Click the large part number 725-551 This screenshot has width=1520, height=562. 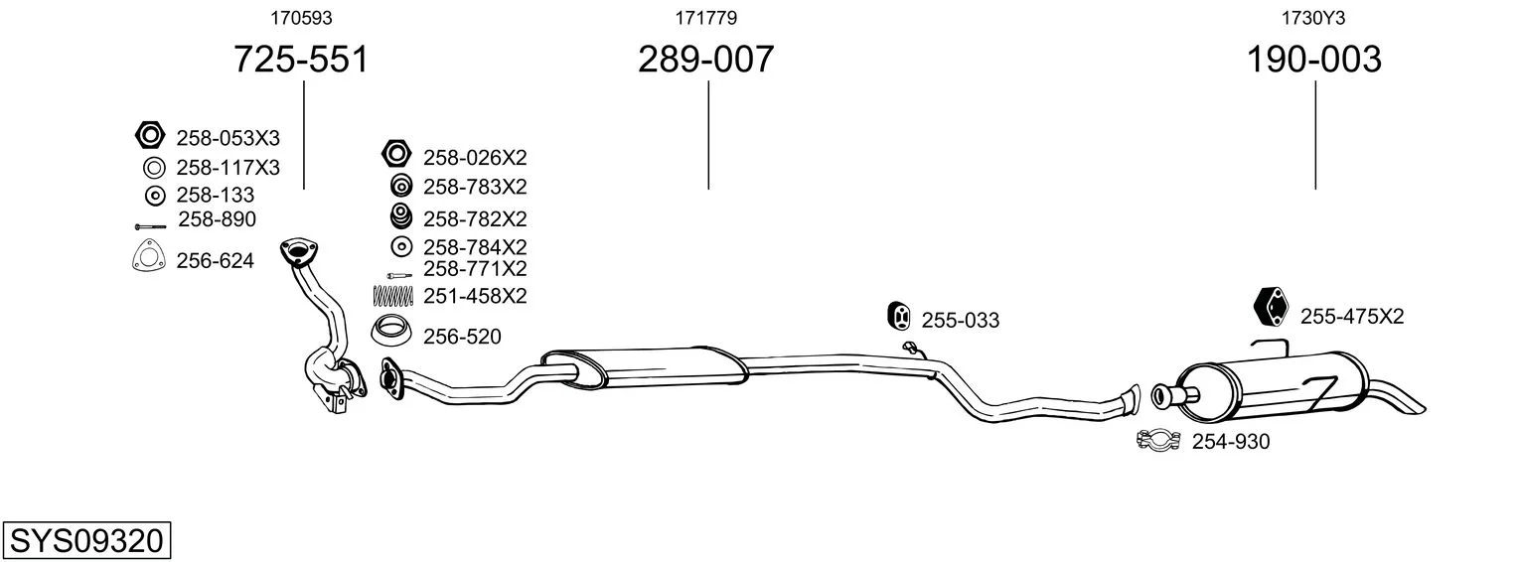pyautogui.click(x=301, y=59)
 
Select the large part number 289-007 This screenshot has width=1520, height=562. pyautogui.click(x=705, y=59)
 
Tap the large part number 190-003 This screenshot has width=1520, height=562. pyautogui.click(x=1313, y=59)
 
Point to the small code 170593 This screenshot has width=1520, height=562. pyautogui.click(x=301, y=18)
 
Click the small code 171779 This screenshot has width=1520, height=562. pyautogui.click(x=705, y=18)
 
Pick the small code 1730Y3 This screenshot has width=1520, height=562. pyautogui.click(x=1313, y=18)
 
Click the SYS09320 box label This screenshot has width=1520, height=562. pyautogui.click(x=86, y=541)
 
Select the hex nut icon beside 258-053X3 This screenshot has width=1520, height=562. pyautogui.click(x=150, y=136)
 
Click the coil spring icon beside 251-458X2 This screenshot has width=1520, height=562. pyautogui.click(x=392, y=296)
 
